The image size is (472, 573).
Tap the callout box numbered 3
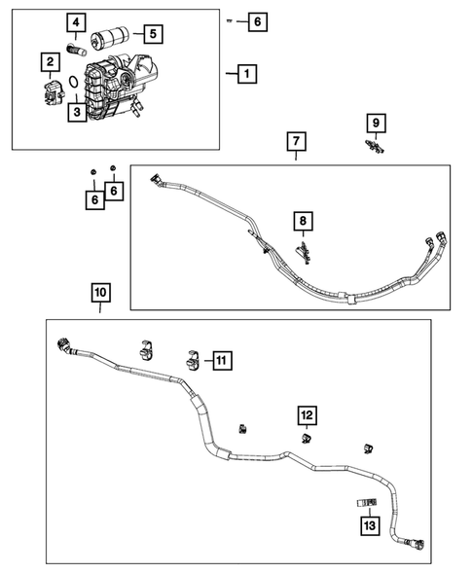pyautogui.click(x=74, y=112)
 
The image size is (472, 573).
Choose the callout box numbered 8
pyautogui.click(x=304, y=223)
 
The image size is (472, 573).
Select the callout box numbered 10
pyautogui.click(x=100, y=292)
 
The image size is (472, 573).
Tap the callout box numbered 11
pyautogui.click(x=221, y=361)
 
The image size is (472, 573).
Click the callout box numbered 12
pyautogui.click(x=307, y=417)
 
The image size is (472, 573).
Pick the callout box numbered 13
pyautogui.click(x=370, y=526)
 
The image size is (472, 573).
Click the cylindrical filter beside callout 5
pyautogui.click(x=109, y=42)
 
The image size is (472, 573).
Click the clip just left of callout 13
pyautogui.click(x=365, y=502)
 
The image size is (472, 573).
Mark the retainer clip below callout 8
pyautogui.click(x=305, y=255)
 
